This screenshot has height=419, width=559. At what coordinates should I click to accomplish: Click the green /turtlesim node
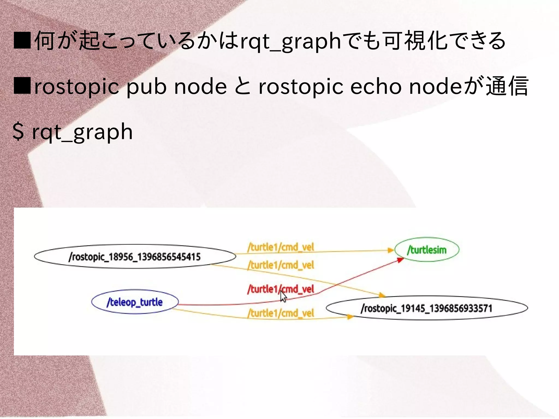(x=427, y=249)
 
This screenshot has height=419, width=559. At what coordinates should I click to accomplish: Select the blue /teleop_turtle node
(x=135, y=302)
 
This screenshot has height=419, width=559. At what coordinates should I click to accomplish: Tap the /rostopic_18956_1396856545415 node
(x=135, y=257)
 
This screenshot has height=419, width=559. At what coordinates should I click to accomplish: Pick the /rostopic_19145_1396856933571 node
(x=427, y=308)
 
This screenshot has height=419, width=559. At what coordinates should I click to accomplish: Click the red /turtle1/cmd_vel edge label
(x=281, y=289)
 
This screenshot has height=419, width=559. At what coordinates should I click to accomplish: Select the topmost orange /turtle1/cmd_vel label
(x=281, y=247)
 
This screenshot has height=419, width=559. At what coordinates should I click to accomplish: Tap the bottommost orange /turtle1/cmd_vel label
(x=281, y=313)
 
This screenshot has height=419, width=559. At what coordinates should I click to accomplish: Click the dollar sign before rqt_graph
(x=18, y=132)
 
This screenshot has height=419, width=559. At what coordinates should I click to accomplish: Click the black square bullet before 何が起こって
(x=22, y=40)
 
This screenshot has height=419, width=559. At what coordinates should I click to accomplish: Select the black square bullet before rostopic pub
(x=22, y=86)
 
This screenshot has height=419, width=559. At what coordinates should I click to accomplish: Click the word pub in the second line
(x=146, y=87)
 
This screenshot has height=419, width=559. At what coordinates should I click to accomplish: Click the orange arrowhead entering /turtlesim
(x=391, y=250)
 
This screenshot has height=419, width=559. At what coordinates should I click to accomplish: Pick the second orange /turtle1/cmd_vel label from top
(x=281, y=265)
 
